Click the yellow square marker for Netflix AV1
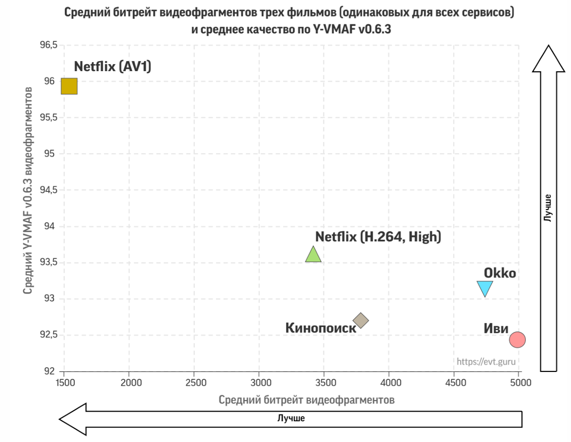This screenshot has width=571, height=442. tap(69, 86)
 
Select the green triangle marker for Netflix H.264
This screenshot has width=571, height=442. tap(313, 255)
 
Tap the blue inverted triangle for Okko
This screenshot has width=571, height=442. tap(485, 288)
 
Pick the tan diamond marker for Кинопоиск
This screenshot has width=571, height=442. tap(361, 320)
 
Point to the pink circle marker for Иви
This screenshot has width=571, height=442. tap(517, 340)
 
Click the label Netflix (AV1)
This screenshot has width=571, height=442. tap(113, 66)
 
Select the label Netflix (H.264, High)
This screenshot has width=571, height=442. tap(378, 237)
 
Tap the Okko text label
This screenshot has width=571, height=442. tap(500, 273)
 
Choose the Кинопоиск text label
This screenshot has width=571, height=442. tap(321, 328)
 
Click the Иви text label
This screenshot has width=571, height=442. tap(496, 328)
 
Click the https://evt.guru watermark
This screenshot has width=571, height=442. tap(486, 362)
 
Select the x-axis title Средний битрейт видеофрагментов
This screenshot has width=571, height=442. tap(306, 400)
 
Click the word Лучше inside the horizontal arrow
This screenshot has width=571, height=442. tap(291, 418)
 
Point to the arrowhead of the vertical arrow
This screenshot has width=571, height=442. tap(549, 57)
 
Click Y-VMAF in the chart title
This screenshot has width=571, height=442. tap(330, 30)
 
